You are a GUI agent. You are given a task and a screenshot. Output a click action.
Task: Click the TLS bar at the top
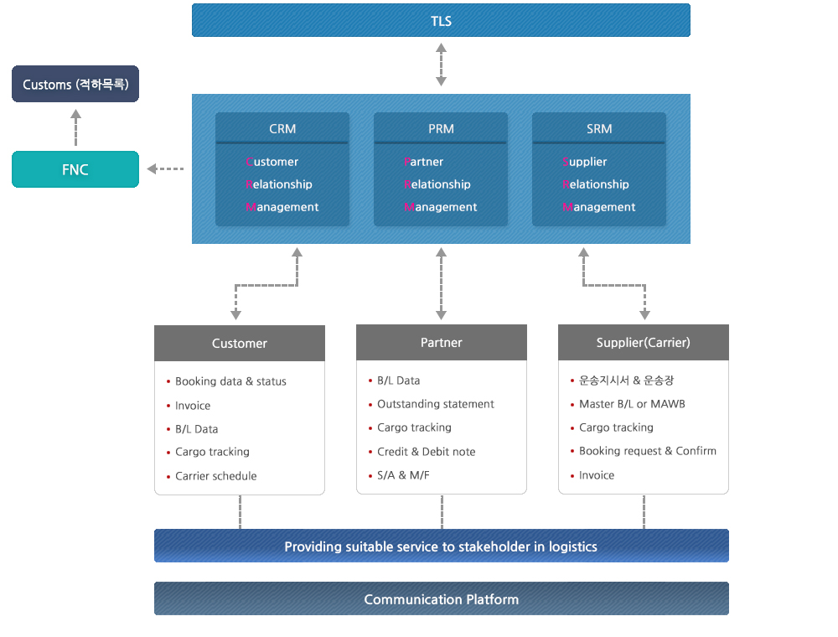(441, 20)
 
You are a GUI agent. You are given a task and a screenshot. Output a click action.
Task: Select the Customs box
(75, 84)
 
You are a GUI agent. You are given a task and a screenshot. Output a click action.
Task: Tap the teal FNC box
(75, 169)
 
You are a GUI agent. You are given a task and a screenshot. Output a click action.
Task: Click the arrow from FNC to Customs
(76, 127)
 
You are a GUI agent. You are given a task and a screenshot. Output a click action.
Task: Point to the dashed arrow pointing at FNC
(165, 168)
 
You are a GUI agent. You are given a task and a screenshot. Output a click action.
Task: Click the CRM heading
(282, 129)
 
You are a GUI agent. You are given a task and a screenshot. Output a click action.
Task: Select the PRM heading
(441, 129)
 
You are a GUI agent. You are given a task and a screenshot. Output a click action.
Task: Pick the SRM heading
(599, 129)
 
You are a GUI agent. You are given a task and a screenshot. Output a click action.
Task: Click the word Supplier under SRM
(585, 162)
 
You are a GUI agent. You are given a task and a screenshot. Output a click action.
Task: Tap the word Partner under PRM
(424, 162)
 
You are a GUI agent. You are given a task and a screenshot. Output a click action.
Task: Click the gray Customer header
(240, 343)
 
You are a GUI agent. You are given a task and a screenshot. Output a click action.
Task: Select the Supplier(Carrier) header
(644, 342)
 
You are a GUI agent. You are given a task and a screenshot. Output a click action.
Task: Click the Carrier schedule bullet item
(216, 475)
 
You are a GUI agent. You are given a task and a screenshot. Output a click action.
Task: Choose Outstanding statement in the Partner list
(436, 404)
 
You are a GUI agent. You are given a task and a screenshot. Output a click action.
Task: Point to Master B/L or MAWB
(632, 404)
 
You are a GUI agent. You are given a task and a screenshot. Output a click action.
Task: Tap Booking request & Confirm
(648, 451)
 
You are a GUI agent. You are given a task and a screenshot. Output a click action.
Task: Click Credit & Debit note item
(426, 452)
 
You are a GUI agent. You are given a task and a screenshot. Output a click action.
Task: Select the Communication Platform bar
(442, 598)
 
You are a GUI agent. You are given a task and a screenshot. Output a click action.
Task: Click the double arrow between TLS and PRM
(441, 65)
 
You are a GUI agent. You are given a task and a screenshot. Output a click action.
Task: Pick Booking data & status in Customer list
(231, 381)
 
